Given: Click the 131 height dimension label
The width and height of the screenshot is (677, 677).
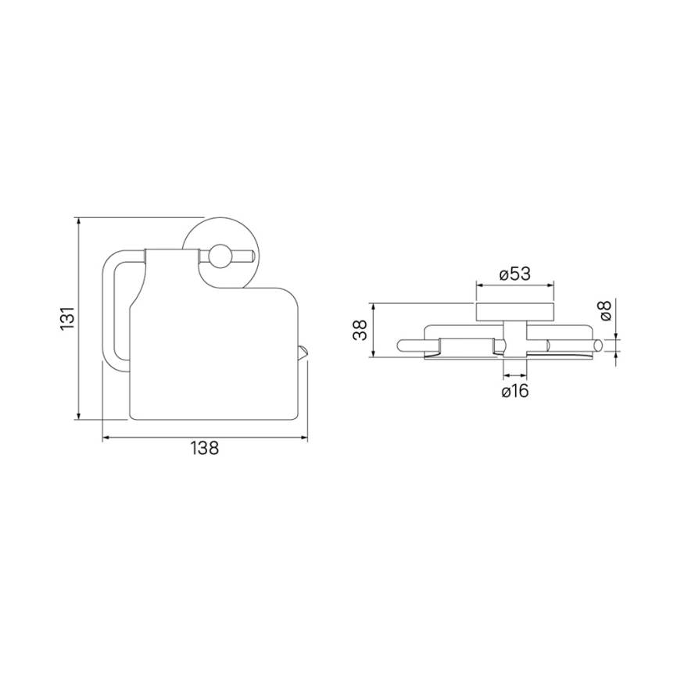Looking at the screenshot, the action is tap(68, 319).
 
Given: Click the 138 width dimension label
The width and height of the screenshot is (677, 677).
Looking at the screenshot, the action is tap(205, 448).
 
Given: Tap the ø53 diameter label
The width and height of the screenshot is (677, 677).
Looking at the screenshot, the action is tap(514, 274).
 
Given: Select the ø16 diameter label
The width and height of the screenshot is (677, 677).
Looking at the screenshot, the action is tap(515, 391).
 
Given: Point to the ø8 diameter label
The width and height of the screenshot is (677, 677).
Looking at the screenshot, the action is tap(605, 310).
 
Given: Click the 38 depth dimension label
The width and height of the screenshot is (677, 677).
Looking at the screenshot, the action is tap(360, 331).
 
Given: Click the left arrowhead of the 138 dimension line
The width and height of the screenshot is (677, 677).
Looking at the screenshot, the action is tap(106, 439).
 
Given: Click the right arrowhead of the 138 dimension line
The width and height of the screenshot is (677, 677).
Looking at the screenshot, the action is tap(304, 439).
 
